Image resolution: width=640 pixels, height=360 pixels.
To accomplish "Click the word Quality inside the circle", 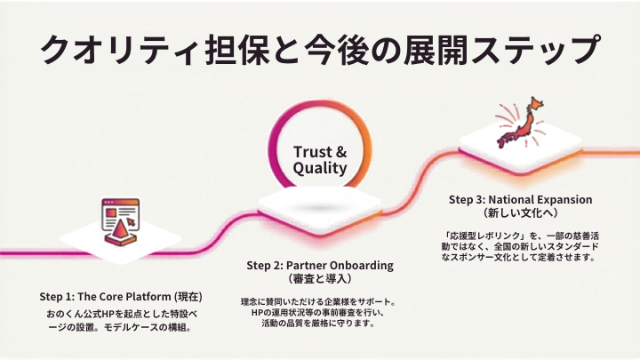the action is [x=320, y=168].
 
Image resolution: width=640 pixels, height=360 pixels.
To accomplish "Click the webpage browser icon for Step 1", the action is [x=120, y=221].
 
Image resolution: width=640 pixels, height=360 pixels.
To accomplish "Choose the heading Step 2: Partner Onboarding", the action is [x=320, y=265].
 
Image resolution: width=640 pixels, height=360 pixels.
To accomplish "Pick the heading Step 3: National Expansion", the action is [x=520, y=200].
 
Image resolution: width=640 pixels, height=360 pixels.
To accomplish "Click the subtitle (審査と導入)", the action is [x=320, y=279].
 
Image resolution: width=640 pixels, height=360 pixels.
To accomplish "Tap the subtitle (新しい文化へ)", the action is [x=520, y=212].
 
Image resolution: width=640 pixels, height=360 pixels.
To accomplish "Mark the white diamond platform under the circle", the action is [x=320, y=210].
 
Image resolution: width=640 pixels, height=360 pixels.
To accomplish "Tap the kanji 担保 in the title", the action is [x=236, y=50].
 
